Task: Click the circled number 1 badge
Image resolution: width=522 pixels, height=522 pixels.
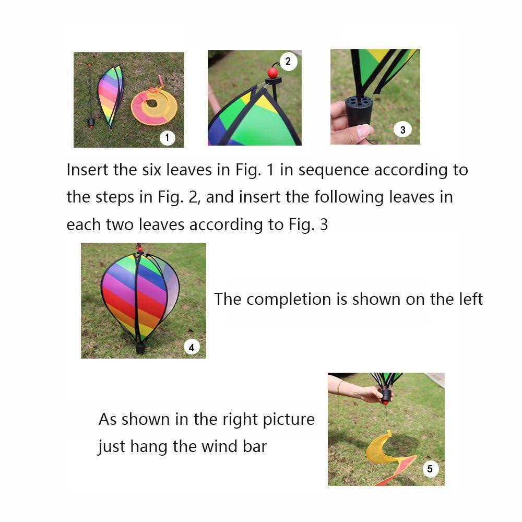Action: [167, 137]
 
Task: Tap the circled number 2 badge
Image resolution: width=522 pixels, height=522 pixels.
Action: [288, 61]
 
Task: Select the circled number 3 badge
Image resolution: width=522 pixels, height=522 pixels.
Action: [402, 129]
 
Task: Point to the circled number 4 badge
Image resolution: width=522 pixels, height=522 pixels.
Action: [192, 348]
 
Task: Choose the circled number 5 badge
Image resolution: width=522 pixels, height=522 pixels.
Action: [430, 469]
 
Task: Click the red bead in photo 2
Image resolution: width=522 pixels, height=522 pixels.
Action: [272, 73]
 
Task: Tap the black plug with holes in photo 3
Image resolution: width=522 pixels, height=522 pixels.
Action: [359, 110]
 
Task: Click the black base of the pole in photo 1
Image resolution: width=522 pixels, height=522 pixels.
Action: [91, 123]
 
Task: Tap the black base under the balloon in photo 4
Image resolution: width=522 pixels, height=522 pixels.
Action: [140, 348]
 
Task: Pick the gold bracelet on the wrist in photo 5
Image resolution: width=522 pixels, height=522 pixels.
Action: [339, 387]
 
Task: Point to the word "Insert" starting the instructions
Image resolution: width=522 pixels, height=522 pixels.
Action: [87, 170]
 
